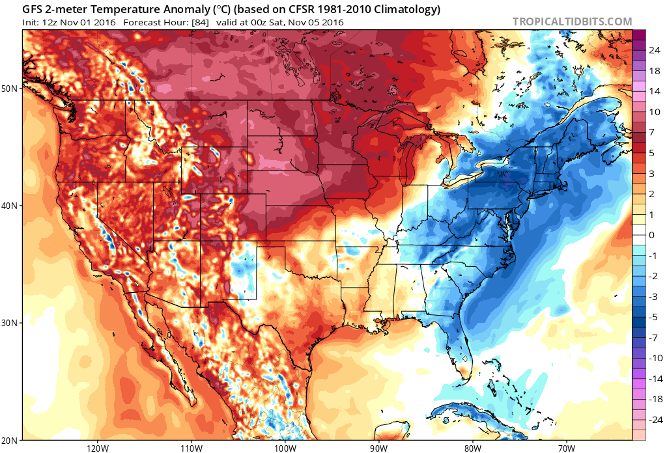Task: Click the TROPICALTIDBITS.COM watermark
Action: tap(572, 21)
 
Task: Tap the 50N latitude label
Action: tap(11, 88)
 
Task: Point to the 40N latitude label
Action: tap(11, 206)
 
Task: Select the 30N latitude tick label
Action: tap(11, 323)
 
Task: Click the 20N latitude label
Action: tap(11, 441)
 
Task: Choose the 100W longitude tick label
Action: tap(285, 448)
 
